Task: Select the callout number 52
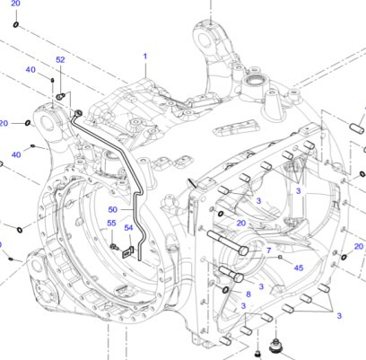[60, 60]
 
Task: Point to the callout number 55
[111, 223]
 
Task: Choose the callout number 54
[128, 228]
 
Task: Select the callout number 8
[248, 294]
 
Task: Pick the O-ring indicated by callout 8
[224, 289]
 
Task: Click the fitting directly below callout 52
[59, 95]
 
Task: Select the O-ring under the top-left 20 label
[17, 24]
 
